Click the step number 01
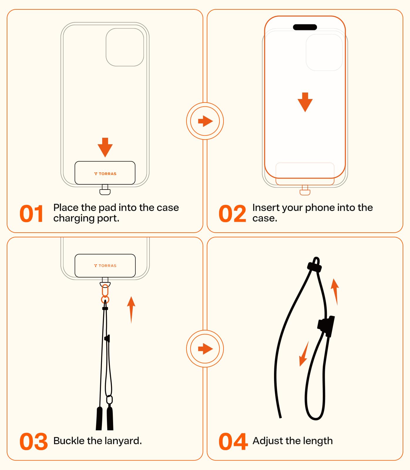(x=32, y=214)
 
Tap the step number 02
(x=232, y=214)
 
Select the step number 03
(x=33, y=441)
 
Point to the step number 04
(x=233, y=441)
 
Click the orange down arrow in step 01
(x=105, y=147)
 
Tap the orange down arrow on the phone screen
(x=305, y=102)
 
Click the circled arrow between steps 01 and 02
(x=205, y=121)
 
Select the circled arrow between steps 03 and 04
(x=205, y=349)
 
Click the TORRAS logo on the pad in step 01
(x=105, y=174)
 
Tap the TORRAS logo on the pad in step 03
(x=105, y=266)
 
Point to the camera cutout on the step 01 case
(x=125, y=47)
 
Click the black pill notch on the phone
(x=305, y=27)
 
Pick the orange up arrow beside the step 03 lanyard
(x=131, y=310)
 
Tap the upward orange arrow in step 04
(x=335, y=291)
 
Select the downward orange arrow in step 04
(x=304, y=354)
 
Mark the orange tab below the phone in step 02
(x=305, y=192)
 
